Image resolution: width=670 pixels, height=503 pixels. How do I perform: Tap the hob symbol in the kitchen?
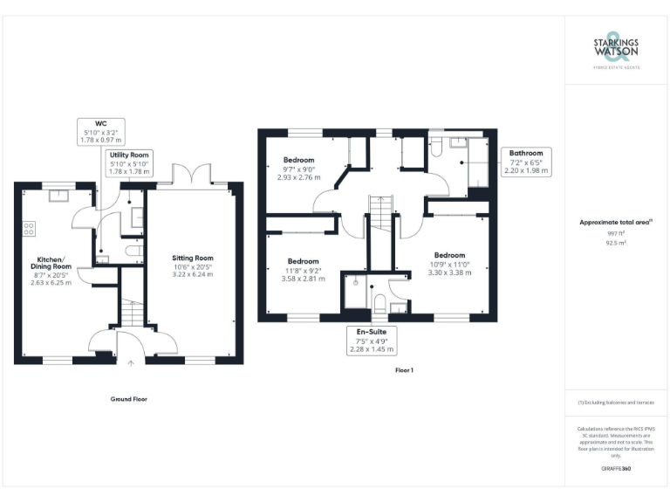coord(28,229)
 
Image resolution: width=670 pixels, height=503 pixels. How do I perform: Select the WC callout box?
coord(100,132)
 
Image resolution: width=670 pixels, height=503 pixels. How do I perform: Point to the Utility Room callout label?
coord(129,162)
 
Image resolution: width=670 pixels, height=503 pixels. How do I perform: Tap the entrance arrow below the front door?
coord(131,362)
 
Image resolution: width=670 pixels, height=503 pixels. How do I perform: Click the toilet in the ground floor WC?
coord(133,251)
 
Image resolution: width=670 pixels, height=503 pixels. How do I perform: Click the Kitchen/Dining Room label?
coord(50,265)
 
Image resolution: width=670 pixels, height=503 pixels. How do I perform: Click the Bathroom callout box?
coord(526,162)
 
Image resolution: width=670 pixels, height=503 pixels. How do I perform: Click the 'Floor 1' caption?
coord(404,370)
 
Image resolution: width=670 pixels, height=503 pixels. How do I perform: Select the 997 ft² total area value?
coord(616,234)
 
